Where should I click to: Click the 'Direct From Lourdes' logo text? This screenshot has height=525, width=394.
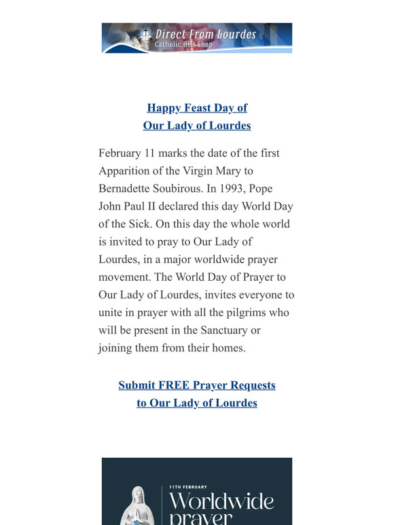pyautogui.click(x=206, y=33)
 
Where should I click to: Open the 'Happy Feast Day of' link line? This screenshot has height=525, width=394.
pyautogui.click(x=197, y=108)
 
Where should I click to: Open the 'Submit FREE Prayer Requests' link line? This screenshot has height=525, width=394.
pyautogui.click(x=197, y=385)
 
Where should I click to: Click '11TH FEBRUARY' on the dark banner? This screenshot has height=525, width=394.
pyautogui.click(x=188, y=487)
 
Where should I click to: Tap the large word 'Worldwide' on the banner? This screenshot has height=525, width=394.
pyautogui.click(x=221, y=503)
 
